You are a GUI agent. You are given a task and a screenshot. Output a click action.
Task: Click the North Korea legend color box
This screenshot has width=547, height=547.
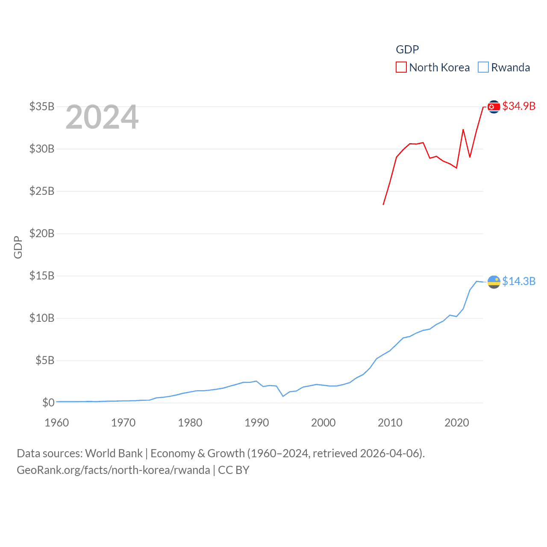pos(401,68)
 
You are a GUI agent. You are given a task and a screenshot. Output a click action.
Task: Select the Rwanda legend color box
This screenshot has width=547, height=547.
pos(483,68)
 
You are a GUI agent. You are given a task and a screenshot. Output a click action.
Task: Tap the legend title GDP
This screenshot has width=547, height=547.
pos(407,50)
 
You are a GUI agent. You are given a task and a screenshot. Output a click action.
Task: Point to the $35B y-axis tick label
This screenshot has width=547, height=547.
pos(42,106)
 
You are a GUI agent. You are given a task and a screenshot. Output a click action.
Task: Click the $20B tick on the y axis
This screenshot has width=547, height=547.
pos(42,233)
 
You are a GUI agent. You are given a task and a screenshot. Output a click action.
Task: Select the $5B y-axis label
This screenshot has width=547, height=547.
pos(44,360)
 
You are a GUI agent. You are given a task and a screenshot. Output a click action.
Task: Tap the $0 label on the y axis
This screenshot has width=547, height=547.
pos(48,403)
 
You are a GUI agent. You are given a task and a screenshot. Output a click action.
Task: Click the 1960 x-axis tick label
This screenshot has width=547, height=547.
pos(57,423)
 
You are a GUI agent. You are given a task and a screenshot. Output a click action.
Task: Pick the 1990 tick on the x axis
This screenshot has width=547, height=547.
pos(257,423)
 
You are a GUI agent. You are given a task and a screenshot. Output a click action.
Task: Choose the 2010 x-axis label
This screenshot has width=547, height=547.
pos(390,423)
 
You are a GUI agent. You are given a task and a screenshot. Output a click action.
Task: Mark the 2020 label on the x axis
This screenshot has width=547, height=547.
pos(457,423)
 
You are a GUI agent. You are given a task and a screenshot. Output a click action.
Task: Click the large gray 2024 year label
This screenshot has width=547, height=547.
pos(102,117)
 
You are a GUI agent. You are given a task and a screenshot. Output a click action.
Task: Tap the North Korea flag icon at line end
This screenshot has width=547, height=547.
pos(494,107)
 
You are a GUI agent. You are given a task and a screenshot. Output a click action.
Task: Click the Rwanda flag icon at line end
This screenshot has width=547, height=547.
pos(494,282)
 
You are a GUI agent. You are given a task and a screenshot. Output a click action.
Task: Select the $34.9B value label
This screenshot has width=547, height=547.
pos(519,106)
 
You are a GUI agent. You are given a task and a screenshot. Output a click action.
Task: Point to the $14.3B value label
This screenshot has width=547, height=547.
pos(519,281)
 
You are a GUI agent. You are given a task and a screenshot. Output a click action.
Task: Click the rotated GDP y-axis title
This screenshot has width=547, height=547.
pos(18,247)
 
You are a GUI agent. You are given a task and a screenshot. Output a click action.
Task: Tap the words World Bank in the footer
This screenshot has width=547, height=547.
pos(114,453)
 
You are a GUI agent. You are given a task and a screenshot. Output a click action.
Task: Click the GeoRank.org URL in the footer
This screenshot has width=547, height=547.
pos(113,470)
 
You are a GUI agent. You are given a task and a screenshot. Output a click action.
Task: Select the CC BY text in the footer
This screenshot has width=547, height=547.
pos(234,470)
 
